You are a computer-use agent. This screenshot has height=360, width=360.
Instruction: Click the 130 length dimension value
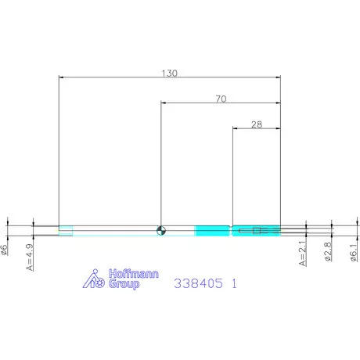(169, 73)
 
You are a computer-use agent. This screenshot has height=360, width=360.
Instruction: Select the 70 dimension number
(221, 99)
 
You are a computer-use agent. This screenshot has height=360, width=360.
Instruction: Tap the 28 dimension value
(257, 124)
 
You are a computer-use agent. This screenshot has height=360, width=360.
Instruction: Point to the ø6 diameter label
(4, 250)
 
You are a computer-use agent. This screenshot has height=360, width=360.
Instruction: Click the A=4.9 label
(30, 257)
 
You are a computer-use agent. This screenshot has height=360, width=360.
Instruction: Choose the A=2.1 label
(302, 254)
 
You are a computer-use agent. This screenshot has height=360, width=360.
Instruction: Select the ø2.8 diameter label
(328, 251)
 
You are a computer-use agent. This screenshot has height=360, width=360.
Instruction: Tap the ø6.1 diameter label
(354, 253)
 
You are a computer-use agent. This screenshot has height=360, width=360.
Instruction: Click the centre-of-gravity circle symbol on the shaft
(161, 231)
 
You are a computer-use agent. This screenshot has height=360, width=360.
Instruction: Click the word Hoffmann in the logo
(134, 274)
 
